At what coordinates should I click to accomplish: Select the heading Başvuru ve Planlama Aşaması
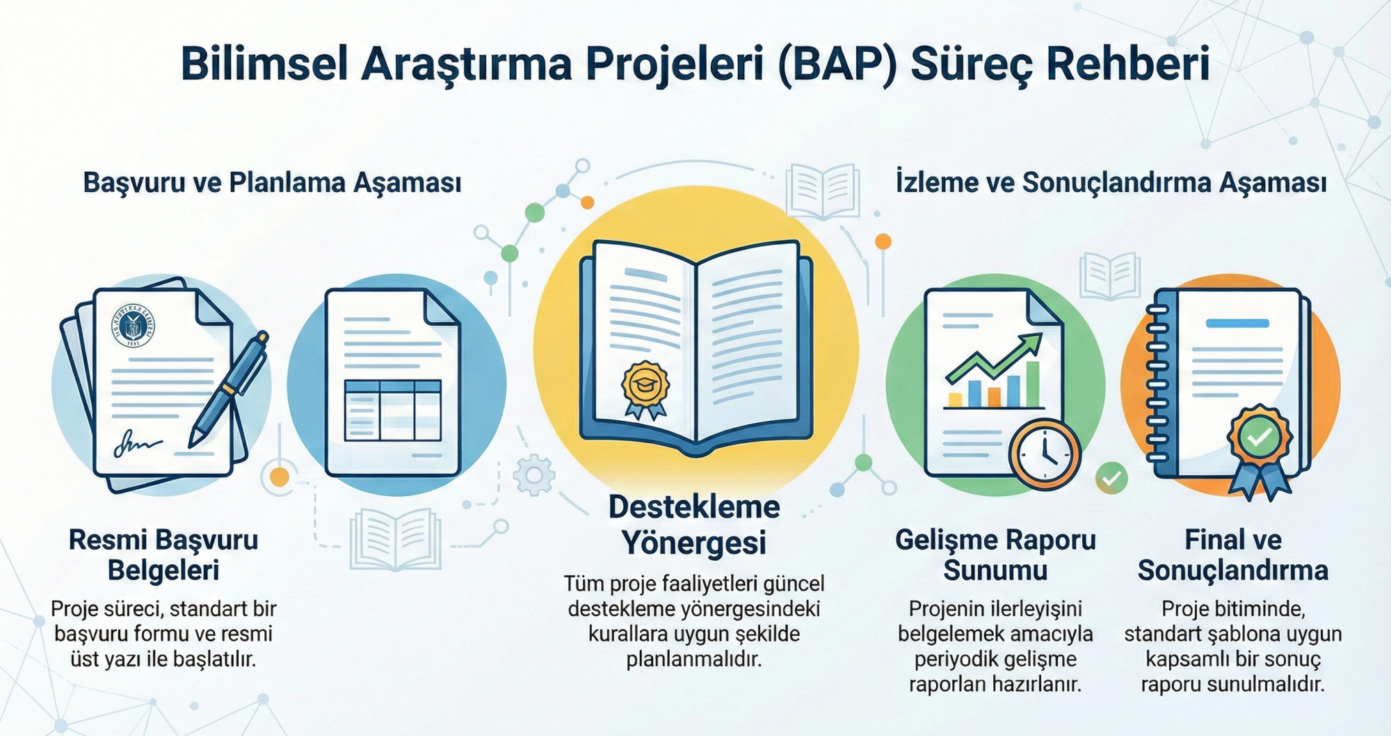(x=272, y=182)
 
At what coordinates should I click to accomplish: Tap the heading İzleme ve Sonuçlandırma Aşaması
(x=1111, y=182)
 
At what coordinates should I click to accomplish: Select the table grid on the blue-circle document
(x=393, y=410)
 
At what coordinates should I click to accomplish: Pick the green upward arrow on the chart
(x=995, y=358)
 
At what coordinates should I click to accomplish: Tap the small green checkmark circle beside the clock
(x=1111, y=478)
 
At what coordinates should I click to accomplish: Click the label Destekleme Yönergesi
(x=694, y=525)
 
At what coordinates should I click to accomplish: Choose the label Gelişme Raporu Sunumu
(x=995, y=554)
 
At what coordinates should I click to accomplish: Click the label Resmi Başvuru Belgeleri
(x=163, y=554)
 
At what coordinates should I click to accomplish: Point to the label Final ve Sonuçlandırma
(x=1233, y=554)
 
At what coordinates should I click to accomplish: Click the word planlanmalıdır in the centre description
(x=694, y=659)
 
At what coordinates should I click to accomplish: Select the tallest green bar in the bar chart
(x=1032, y=384)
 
